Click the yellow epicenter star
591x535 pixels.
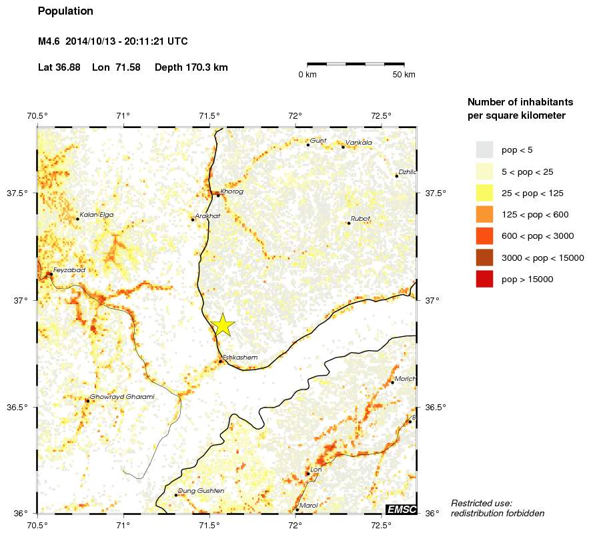[223, 325]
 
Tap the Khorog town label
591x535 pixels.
[231, 191]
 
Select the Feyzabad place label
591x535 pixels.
[69, 270]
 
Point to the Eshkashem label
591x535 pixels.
[239, 358]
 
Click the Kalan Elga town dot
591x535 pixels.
[77, 219]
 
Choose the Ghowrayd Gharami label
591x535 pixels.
[122, 397]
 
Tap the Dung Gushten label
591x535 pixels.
[201, 491]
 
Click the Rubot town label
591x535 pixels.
[360, 218]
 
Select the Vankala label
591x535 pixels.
[359, 142]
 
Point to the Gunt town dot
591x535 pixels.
[308, 144]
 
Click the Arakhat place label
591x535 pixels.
[207, 215]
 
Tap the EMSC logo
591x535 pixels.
[402, 510]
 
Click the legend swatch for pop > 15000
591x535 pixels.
[484, 280]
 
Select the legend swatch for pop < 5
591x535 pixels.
[484, 149]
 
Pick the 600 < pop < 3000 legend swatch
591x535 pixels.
[484, 236]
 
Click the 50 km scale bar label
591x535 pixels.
[404, 75]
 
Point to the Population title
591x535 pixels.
[65, 11]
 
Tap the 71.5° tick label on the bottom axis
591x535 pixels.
[209, 525]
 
